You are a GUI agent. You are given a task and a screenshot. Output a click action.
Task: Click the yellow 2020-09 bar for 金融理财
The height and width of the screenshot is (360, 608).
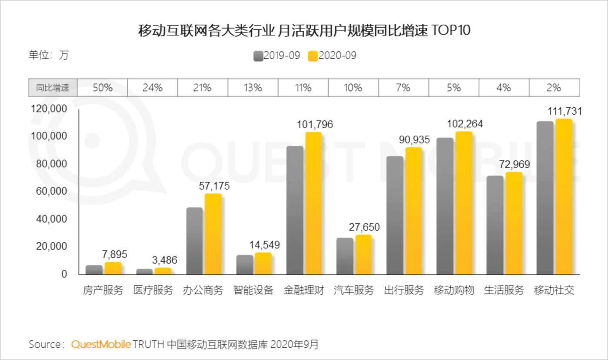point(313,203)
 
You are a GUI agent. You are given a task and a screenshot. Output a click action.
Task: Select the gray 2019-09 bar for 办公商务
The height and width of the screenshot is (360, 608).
point(194,241)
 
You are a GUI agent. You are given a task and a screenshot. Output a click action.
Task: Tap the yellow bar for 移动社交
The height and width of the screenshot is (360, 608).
point(564,197)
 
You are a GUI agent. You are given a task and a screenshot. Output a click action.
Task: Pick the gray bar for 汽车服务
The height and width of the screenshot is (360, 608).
point(345,256)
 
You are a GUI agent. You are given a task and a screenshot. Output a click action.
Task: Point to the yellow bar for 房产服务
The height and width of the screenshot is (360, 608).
point(113,268)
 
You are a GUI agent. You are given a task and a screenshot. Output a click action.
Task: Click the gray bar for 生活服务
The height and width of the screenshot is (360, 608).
point(495,225)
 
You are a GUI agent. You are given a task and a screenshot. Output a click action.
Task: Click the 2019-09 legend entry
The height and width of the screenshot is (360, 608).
point(277,56)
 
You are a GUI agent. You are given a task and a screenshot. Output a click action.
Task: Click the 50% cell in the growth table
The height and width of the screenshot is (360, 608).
point(103,87)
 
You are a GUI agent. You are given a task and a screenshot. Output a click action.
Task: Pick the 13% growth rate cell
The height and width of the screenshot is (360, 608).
point(253,87)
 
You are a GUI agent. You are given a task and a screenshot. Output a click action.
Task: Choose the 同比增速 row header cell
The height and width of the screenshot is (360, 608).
point(53,87)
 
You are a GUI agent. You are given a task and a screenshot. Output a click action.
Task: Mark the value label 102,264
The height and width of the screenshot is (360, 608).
point(465,124)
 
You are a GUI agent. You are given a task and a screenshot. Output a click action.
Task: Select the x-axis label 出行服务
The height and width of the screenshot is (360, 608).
point(404,290)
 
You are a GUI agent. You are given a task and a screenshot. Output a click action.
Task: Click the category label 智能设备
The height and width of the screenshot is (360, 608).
point(253,290)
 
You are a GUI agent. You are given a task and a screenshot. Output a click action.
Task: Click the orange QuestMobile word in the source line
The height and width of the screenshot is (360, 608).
point(101,345)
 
